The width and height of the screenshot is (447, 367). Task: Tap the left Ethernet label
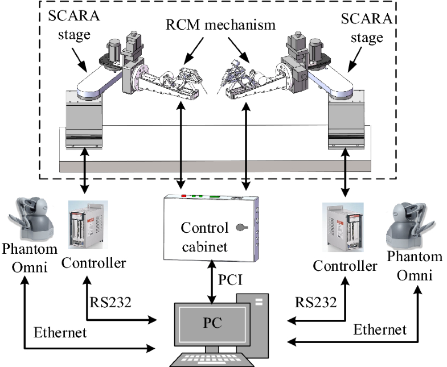click(x=58, y=332)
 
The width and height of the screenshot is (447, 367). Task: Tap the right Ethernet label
click(x=380, y=329)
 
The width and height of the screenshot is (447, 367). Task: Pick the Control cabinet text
click(x=204, y=237)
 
